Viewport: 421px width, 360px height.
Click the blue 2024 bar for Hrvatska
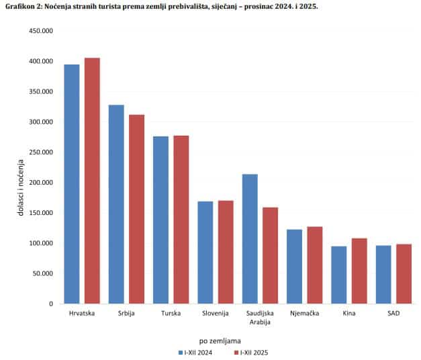[72, 184]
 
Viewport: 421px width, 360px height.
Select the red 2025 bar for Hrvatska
[92, 181]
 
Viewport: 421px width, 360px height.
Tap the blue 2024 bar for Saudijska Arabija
[250, 238]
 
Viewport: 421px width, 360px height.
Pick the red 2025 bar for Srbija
[137, 209]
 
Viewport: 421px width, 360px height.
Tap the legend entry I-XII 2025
[253, 352]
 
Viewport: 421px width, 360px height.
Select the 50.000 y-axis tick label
[42, 273]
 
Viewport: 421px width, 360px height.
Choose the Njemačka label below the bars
[304, 314]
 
